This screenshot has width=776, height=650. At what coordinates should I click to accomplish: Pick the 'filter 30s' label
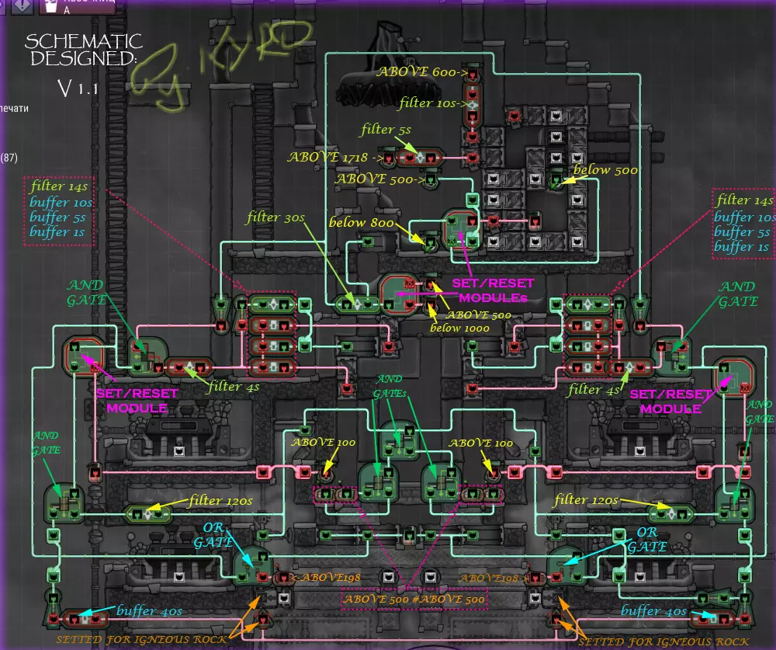(275, 218)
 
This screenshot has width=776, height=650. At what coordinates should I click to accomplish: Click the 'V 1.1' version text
(78, 89)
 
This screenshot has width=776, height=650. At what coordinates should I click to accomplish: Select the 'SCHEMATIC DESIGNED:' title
(84, 49)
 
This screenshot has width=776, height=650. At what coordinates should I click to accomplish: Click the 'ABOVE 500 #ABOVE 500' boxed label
(414, 600)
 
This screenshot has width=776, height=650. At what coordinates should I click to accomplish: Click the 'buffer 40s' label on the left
(149, 611)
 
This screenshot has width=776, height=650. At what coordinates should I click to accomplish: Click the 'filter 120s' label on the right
(586, 501)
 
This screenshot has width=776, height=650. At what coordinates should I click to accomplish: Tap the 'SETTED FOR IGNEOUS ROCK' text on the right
(663, 641)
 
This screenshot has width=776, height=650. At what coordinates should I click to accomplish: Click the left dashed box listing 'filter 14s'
(59, 210)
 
